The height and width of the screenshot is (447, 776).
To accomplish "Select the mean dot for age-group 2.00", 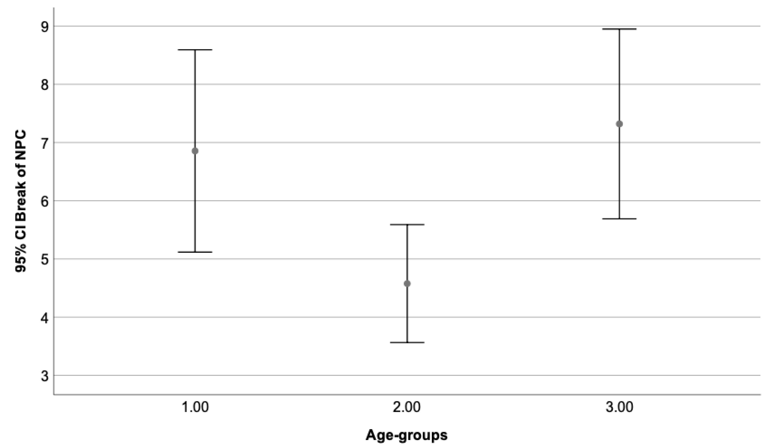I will click(x=407, y=283).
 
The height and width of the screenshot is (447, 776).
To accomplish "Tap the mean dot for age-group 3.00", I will click(x=619, y=124).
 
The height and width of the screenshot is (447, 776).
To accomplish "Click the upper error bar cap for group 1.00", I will click(x=195, y=50).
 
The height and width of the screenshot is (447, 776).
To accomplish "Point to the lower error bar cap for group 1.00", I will click(x=195, y=252).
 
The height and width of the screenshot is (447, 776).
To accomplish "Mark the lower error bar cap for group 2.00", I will click(x=407, y=342).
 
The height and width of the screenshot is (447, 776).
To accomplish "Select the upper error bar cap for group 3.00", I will click(x=619, y=29).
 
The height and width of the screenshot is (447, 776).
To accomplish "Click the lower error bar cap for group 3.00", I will click(x=619, y=219).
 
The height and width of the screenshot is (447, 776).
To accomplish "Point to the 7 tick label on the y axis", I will click(x=45, y=143).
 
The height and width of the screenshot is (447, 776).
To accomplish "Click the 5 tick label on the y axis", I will click(x=45, y=259).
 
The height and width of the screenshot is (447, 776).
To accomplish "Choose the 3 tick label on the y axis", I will click(x=45, y=376).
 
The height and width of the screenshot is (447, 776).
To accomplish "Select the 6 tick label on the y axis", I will click(x=45, y=201).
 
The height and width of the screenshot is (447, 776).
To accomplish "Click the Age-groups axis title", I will click(x=407, y=435).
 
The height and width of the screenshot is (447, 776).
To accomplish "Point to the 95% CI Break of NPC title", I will click(x=21, y=201).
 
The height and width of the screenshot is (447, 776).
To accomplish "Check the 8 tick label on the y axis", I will click(x=45, y=85).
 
